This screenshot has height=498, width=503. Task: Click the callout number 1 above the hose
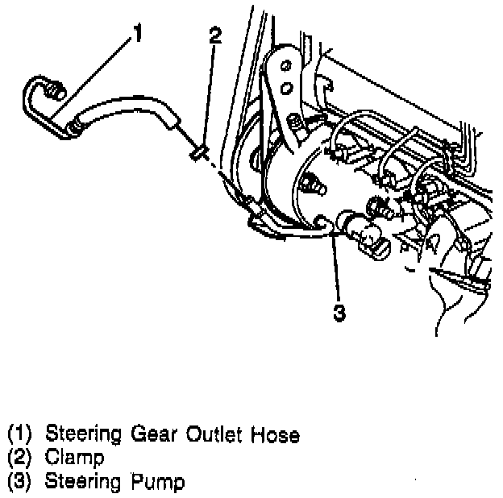coord(138,34)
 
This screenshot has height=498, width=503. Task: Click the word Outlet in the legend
coord(216,435)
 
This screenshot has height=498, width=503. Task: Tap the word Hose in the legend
coord(276,435)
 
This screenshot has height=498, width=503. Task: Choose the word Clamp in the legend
coord(75,459)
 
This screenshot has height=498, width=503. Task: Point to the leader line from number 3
coord(336,266)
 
